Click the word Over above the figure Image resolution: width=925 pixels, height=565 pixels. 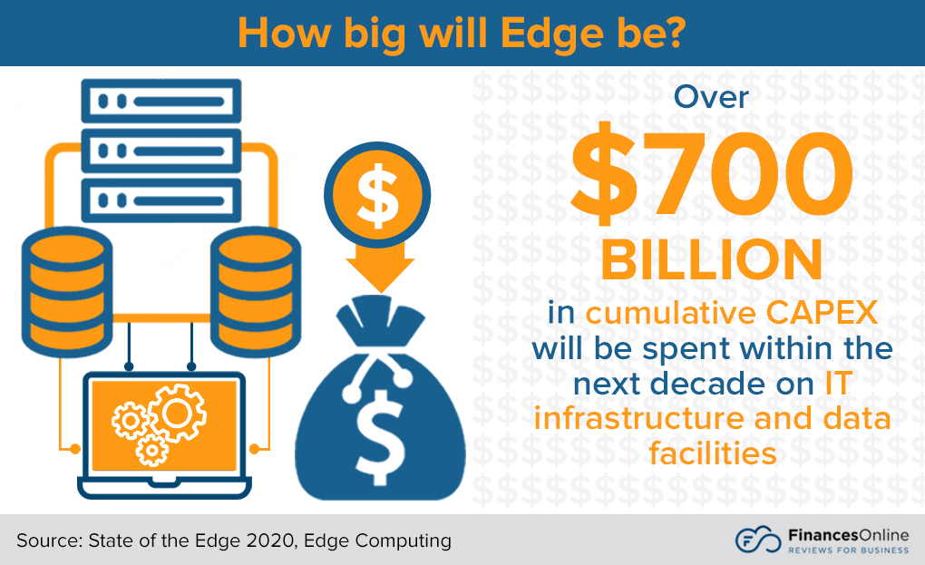point(711,96)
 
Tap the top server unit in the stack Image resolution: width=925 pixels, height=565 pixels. point(161,101)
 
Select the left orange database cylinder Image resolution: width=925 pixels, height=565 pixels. point(65,291)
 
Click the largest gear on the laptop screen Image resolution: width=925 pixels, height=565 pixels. point(175,413)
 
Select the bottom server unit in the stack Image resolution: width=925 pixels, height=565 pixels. point(161,199)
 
